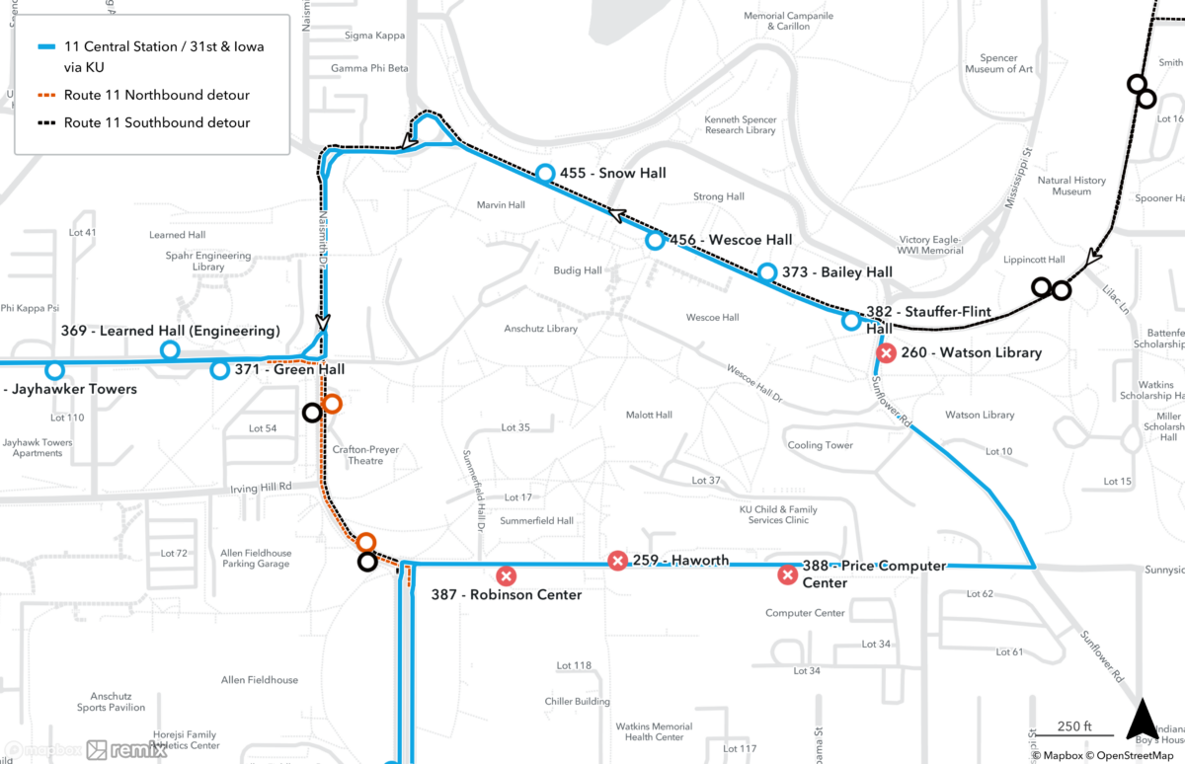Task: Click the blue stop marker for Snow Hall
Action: (x=545, y=174)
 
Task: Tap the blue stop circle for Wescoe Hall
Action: (x=654, y=240)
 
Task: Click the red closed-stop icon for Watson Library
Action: (x=887, y=352)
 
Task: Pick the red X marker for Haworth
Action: (x=617, y=561)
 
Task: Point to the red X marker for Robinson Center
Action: (x=506, y=575)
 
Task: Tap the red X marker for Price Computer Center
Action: (x=787, y=574)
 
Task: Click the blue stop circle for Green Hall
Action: (x=219, y=370)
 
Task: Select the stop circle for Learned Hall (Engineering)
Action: (x=170, y=349)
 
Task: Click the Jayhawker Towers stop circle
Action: (x=54, y=370)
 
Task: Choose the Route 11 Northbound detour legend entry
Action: (x=156, y=96)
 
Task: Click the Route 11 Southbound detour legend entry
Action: (x=156, y=123)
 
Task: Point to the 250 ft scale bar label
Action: (x=1073, y=726)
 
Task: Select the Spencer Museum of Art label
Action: (x=998, y=64)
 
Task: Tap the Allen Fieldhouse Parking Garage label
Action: (x=255, y=559)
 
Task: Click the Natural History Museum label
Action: (x=1070, y=187)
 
